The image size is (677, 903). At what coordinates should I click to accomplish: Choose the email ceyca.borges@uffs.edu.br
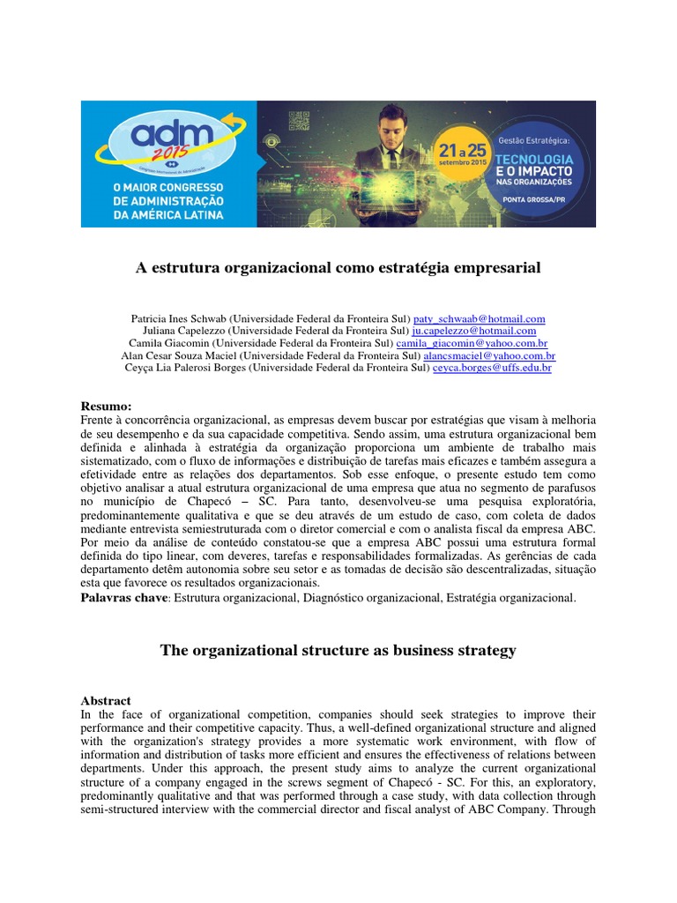[x=492, y=368]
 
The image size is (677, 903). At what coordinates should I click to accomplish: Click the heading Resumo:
[x=106, y=406]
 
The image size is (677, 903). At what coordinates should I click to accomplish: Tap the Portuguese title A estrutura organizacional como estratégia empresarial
[x=338, y=267]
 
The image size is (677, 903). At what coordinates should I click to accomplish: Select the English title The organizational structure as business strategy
[x=338, y=651]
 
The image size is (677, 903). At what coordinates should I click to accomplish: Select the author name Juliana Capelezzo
[x=181, y=331]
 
